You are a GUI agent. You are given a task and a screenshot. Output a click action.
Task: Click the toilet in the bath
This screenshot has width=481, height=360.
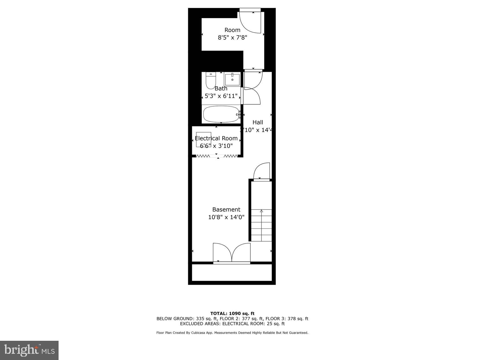click(x=210, y=81)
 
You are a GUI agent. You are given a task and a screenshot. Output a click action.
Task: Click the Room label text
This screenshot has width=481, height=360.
click(x=232, y=30)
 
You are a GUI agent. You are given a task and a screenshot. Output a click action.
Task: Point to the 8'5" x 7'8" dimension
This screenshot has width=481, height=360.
click(x=232, y=37)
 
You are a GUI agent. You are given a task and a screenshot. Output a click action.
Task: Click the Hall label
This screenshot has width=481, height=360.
click(x=257, y=122)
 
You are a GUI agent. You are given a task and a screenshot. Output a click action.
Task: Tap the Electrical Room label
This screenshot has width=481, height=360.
click(x=216, y=138)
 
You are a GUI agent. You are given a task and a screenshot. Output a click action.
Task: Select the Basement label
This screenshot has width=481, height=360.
click(x=226, y=210)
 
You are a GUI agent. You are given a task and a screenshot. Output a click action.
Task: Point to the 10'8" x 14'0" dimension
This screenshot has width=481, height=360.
click(x=226, y=217)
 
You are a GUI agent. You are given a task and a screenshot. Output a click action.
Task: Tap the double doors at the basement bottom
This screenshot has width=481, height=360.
click(x=231, y=253)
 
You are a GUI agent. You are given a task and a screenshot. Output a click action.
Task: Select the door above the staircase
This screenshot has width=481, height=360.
click(x=262, y=172)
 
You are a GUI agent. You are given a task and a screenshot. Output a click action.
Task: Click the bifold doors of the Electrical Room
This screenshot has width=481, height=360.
click(x=217, y=156)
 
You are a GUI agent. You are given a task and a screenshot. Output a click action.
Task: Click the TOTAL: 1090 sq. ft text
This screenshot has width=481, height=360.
click(x=232, y=313)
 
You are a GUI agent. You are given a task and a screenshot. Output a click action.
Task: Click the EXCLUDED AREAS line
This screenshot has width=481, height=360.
click(x=232, y=324)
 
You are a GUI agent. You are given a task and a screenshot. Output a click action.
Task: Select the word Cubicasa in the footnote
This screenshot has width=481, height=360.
click(x=198, y=333)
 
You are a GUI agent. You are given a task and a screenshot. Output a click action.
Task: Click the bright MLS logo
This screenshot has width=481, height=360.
click(x=29, y=350)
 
